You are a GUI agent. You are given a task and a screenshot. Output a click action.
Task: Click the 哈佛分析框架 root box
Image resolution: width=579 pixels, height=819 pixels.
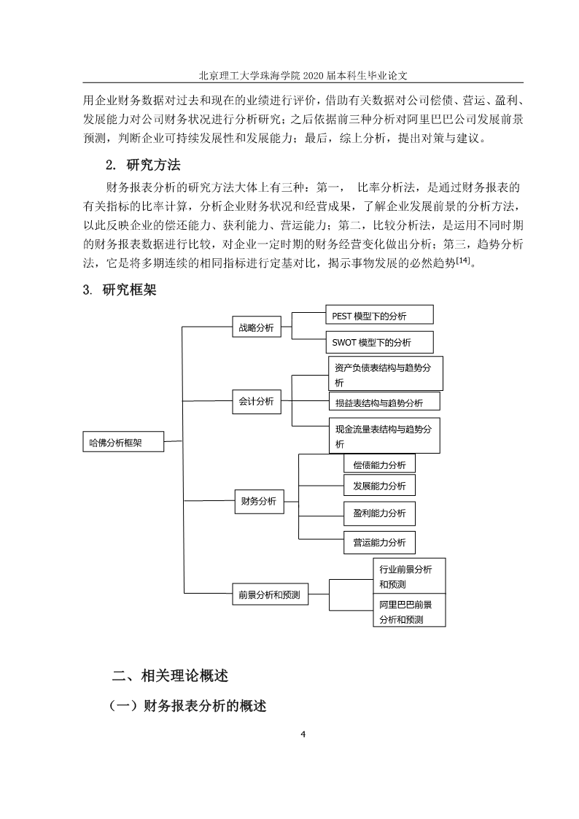[123, 442]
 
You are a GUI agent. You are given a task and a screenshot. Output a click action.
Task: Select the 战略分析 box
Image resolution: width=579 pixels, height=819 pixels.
[257, 327]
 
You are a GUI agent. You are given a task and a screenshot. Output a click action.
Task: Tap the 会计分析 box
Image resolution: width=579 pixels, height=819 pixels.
[257, 401]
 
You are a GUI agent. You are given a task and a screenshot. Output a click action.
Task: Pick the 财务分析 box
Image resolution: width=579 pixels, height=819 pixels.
[259, 501]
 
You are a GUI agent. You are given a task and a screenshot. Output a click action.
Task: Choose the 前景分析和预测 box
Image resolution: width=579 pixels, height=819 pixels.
[270, 594]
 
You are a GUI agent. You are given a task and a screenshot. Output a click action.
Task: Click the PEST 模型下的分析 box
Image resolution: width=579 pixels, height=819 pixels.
[380, 315]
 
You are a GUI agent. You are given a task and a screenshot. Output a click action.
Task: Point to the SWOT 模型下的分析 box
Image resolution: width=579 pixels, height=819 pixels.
[380, 342]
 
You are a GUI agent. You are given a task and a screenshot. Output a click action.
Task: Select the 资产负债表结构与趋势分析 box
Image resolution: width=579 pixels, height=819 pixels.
[386, 373]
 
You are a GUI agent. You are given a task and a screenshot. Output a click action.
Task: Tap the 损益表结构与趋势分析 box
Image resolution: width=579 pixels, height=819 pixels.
[384, 402]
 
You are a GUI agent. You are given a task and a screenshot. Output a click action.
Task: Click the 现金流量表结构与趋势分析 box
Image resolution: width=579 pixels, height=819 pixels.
[384, 435]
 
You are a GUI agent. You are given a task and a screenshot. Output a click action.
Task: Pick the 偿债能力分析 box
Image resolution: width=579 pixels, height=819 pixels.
[380, 464]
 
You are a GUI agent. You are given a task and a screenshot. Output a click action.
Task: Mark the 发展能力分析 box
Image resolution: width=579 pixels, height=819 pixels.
[380, 485]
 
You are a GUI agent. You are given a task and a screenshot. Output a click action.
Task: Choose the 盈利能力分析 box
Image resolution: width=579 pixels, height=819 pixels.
[380, 513]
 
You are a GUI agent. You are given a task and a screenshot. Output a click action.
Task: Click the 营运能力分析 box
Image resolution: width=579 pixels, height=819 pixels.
[380, 542]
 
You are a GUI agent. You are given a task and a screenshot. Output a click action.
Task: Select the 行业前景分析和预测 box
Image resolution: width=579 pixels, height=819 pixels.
[409, 576]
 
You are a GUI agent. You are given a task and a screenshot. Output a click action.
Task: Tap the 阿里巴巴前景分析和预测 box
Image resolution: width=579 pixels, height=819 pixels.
[409, 610]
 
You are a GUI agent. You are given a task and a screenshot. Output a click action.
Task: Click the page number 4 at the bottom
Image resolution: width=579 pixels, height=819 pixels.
[303, 734]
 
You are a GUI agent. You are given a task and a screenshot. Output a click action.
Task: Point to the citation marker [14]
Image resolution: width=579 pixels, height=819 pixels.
[463, 260]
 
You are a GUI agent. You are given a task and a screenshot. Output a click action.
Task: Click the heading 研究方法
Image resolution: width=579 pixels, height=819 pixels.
[153, 165]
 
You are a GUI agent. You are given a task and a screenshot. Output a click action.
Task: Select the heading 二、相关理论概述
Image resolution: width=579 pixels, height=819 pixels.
[170, 675]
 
